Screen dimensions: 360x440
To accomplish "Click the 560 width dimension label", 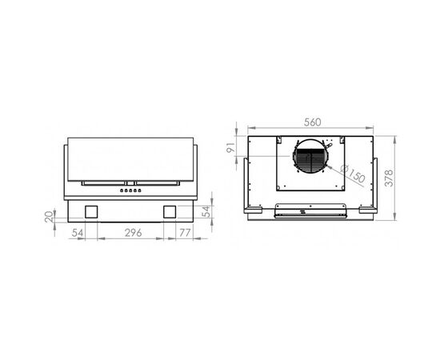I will tap(312, 122).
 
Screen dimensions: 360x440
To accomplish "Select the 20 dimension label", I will tap(50, 215).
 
